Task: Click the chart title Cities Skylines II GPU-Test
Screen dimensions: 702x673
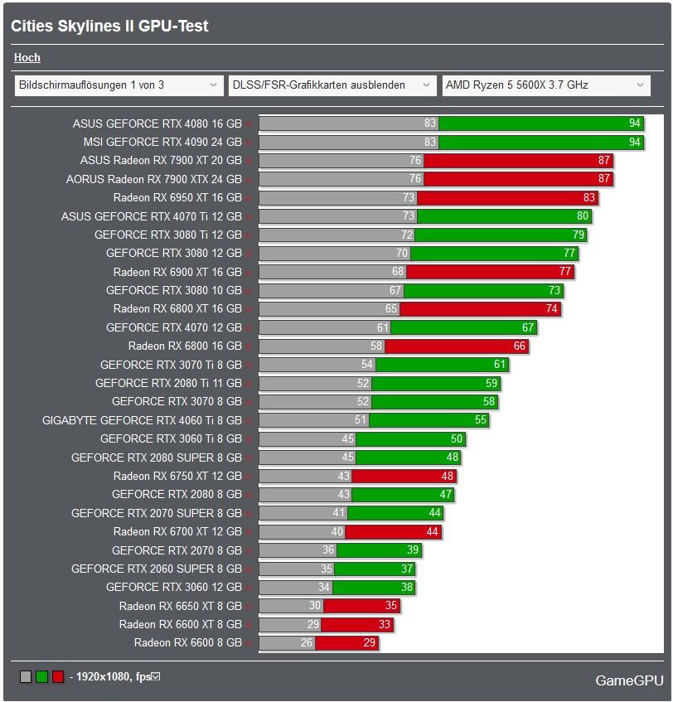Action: coord(109,27)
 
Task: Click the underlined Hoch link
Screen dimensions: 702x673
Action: coord(27,58)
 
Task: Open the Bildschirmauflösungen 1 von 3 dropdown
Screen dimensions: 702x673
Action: coord(119,85)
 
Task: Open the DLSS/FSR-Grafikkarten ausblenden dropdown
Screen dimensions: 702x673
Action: coord(332,85)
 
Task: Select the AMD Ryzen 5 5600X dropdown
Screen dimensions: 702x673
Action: coord(545,85)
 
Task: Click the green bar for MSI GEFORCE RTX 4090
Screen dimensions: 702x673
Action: coord(540,142)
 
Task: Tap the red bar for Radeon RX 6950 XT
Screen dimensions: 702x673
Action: coord(507,197)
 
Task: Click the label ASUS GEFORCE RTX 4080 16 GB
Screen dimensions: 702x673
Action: coord(157,123)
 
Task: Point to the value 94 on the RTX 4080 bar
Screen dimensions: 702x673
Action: coord(635,123)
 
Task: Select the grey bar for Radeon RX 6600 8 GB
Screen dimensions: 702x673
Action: coord(287,643)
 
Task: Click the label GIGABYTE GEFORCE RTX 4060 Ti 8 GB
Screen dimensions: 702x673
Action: coord(142,420)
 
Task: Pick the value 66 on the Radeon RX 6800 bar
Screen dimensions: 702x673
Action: coord(520,346)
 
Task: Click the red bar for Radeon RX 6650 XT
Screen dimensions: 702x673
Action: coord(361,606)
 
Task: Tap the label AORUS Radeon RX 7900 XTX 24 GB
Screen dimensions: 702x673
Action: coord(154,179)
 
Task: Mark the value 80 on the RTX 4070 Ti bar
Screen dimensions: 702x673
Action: coord(583,216)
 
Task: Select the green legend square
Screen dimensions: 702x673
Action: coord(41,676)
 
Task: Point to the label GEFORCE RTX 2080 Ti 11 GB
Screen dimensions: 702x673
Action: coord(168,383)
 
